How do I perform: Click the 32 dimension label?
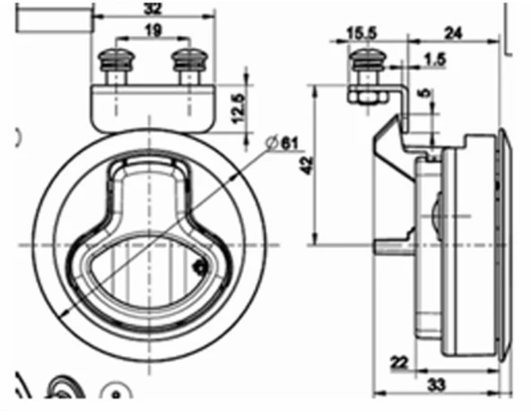[x=153, y=9]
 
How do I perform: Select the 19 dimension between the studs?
[x=152, y=31]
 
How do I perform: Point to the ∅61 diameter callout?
[x=283, y=143]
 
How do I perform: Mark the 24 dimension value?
[x=456, y=34]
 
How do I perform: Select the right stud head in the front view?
[x=187, y=62]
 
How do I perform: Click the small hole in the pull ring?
[x=200, y=266]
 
